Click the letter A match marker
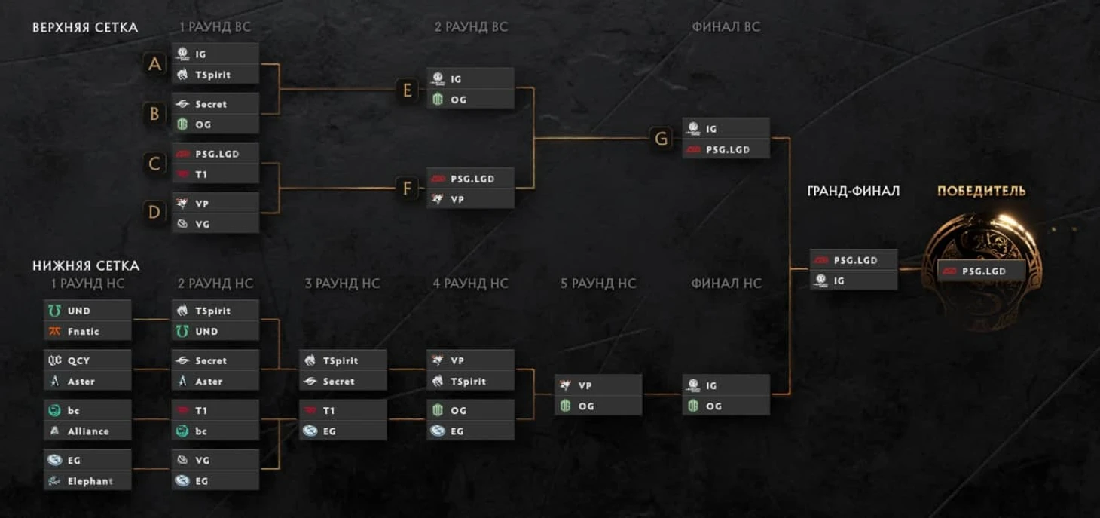(154, 64)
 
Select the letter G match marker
(661, 139)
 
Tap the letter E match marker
(408, 90)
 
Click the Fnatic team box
(87, 331)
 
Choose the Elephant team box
(87, 480)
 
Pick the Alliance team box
(87, 431)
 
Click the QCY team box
(87, 360)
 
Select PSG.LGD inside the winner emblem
(981, 271)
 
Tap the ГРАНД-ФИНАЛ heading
(853, 191)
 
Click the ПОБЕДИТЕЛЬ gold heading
(981, 191)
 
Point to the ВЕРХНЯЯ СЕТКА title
(85, 27)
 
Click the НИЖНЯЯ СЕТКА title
(86, 265)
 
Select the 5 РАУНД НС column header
(598, 284)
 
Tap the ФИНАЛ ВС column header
(726, 27)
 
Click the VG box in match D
(215, 224)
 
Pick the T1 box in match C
(215, 174)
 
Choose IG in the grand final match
(854, 280)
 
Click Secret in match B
(215, 104)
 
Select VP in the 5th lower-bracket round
(598, 385)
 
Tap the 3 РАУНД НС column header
(343, 284)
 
